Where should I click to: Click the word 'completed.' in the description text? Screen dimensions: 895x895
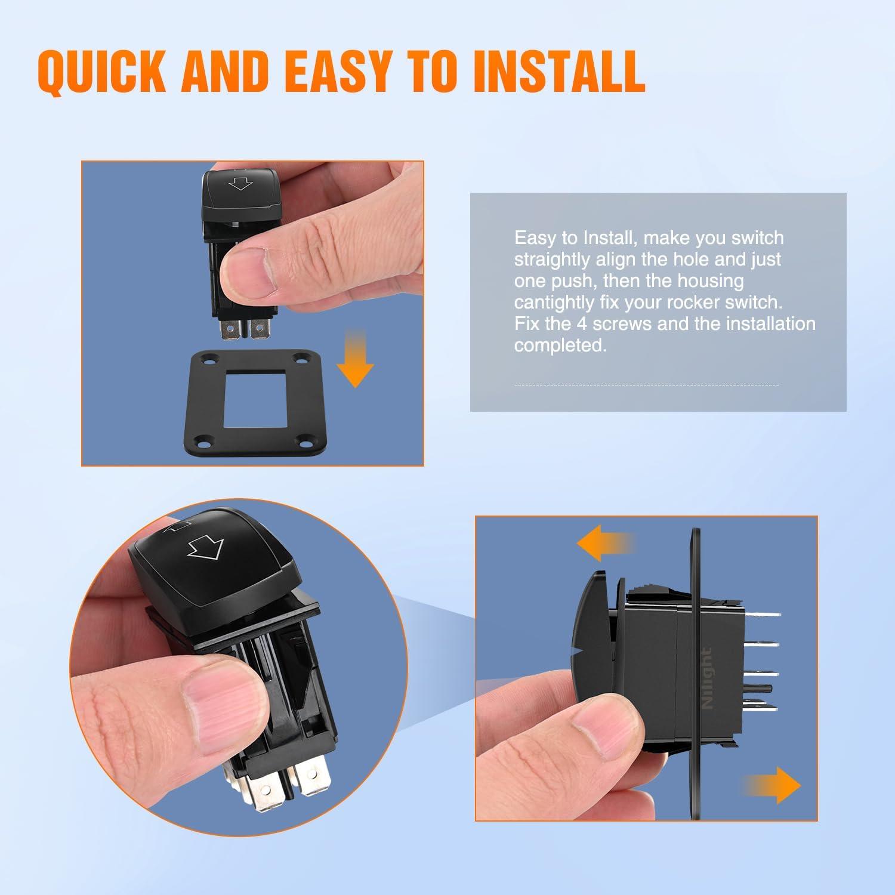560,345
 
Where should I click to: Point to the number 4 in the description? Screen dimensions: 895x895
582,323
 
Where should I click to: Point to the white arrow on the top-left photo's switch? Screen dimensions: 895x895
241,184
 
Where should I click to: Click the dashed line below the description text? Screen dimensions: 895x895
646,385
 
